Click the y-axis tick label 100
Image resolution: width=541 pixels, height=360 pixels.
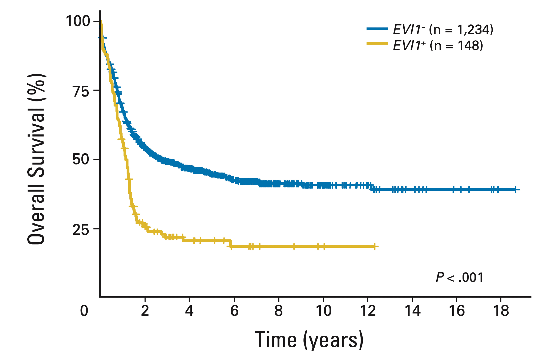pos(78,21)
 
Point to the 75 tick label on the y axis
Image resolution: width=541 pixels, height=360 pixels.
pos(81,91)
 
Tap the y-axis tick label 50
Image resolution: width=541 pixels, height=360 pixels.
pos(81,159)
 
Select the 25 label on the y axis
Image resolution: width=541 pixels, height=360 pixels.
pos(81,229)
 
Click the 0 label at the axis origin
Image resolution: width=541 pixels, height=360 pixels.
pos(84,311)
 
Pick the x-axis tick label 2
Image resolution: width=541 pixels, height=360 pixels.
pos(145,311)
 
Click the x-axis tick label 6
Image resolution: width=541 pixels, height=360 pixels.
pos(234,311)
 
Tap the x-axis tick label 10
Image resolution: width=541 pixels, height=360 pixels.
pos(324,311)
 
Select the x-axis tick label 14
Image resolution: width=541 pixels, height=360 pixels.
pos(413,311)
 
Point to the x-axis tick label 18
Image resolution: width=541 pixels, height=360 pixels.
pos(501,311)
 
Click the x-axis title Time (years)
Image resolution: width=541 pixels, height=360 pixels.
pos(309,340)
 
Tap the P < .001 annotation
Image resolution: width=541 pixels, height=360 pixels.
pos(459,278)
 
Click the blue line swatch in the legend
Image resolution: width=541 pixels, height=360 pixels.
pos(377,29)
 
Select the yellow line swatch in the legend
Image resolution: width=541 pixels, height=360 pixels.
pos(377,43)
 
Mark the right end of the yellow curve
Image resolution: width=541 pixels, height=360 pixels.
pos(378,246)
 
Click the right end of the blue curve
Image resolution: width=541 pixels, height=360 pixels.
pos(519,190)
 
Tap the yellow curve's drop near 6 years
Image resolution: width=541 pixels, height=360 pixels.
pos(231,243)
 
